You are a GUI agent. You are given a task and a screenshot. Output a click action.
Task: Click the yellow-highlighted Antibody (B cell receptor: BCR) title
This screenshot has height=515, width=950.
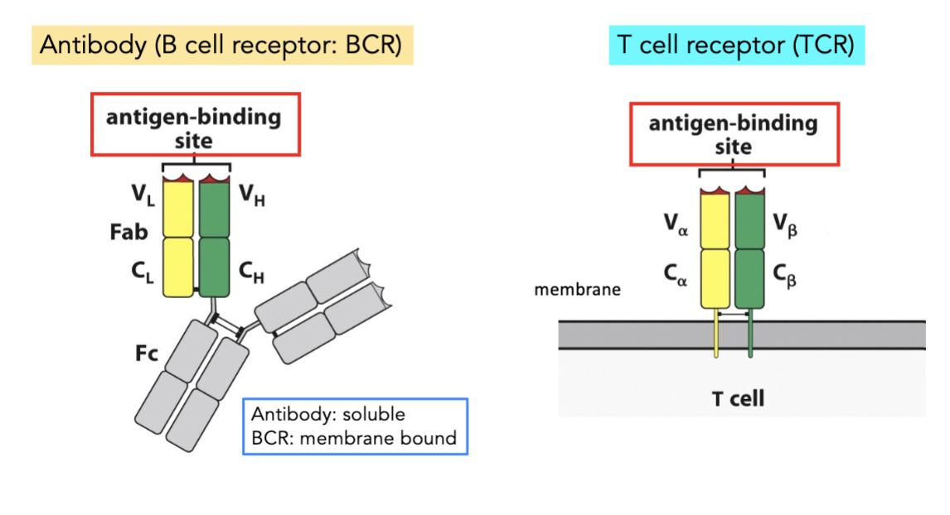221,46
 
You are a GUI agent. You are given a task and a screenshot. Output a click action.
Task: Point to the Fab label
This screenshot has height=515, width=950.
128,233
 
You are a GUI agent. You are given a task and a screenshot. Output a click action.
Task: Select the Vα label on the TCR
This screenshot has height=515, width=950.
675,225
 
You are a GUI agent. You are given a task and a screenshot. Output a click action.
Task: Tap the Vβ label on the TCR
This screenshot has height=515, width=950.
785,225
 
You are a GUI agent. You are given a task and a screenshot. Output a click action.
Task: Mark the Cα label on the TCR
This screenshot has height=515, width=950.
675,273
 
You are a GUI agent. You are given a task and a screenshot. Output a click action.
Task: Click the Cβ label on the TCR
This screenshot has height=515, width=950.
785,273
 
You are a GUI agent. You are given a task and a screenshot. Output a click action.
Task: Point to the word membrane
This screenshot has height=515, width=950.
577,290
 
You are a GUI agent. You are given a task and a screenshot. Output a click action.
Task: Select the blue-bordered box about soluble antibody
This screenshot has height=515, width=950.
355,426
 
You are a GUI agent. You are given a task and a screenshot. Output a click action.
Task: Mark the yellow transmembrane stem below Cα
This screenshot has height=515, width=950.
715,335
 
